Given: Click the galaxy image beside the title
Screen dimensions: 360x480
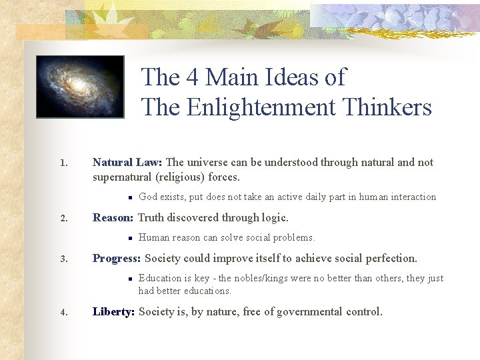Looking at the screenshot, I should pos(80,87).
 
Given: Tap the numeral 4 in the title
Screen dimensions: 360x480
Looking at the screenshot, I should pos(193,77).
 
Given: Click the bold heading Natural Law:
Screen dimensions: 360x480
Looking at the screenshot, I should pos(127,162).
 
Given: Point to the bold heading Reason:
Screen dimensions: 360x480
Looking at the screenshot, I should pos(113,218).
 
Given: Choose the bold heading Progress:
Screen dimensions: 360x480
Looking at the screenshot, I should pos(117,258).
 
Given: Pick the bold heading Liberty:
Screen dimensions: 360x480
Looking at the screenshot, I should pos(114,311).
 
